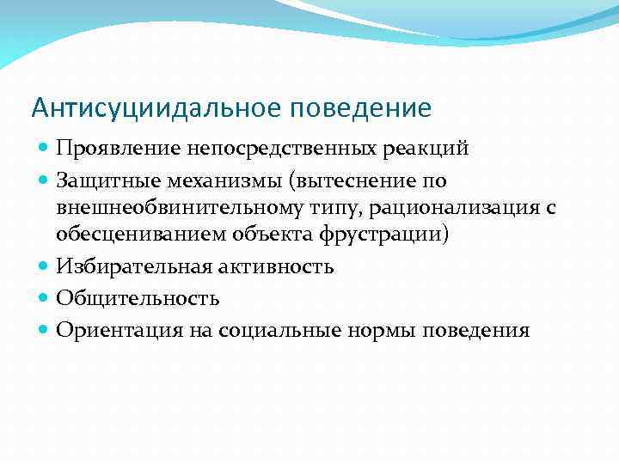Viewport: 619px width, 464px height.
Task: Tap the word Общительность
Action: click(x=138, y=299)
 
